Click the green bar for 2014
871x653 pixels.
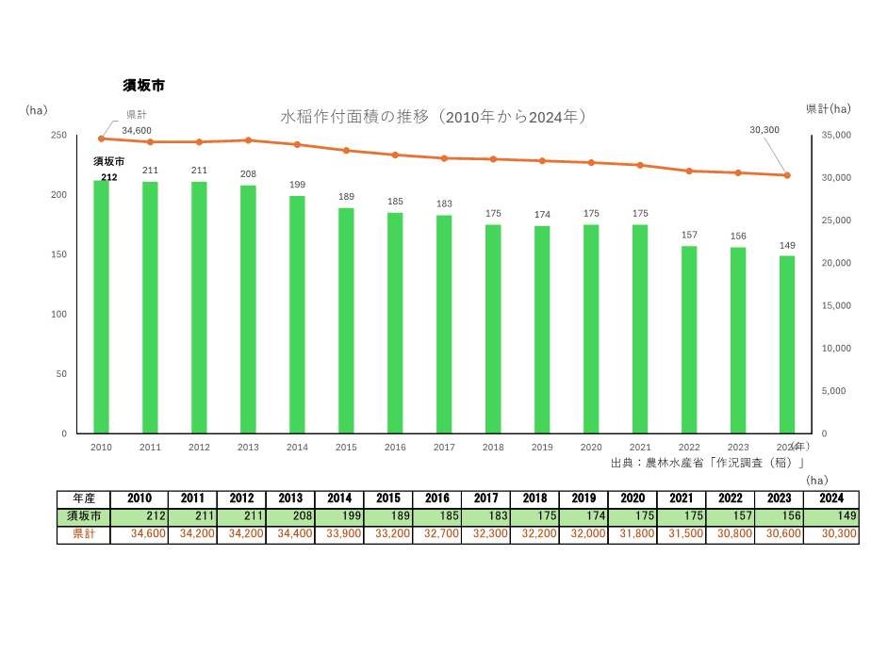[x=297, y=314]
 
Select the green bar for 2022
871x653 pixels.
[x=689, y=339]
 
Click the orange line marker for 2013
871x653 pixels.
[x=248, y=140]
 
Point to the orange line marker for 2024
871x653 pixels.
[x=787, y=175]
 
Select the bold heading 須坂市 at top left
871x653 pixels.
[x=143, y=86]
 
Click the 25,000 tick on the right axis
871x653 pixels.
[x=837, y=220]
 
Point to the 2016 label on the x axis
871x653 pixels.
[x=395, y=448]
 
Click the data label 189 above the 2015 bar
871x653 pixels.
[x=346, y=196]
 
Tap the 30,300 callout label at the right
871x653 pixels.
[x=764, y=130]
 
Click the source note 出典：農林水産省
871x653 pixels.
[x=707, y=463]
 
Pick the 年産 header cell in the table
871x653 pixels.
[x=83, y=498]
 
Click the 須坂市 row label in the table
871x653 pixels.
[x=83, y=516]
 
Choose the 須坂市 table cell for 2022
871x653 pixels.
[x=730, y=516]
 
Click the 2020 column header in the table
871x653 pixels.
[x=632, y=498]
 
